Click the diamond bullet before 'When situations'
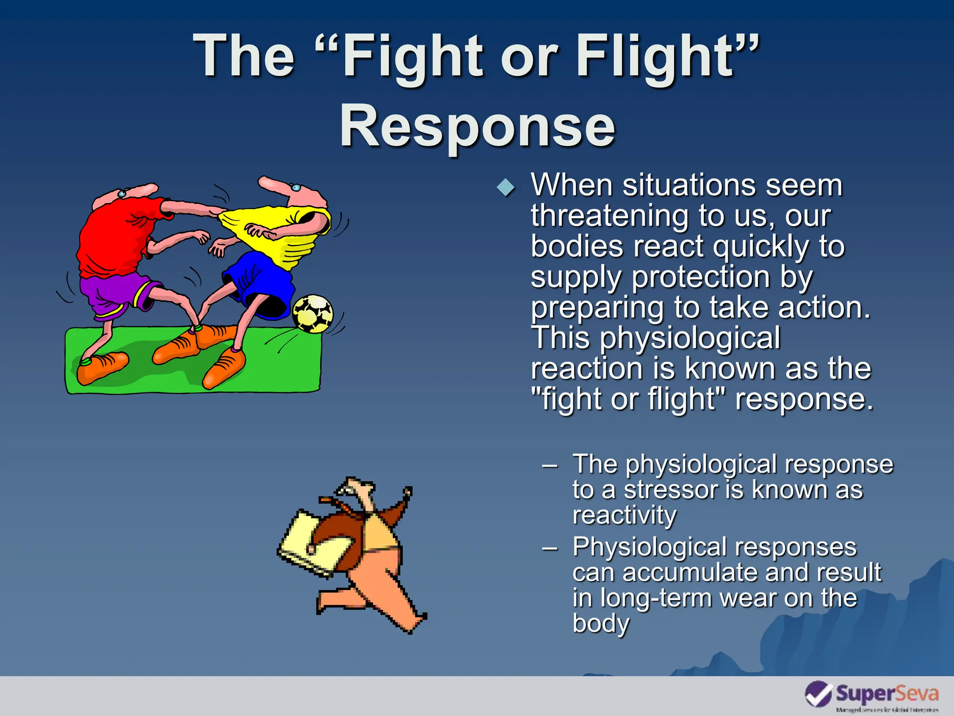[x=506, y=188]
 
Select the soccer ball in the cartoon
[x=313, y=314]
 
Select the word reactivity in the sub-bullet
[x=624, y=516]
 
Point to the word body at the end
[x=601, y=624]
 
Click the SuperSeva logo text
[x=887, y=694]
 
